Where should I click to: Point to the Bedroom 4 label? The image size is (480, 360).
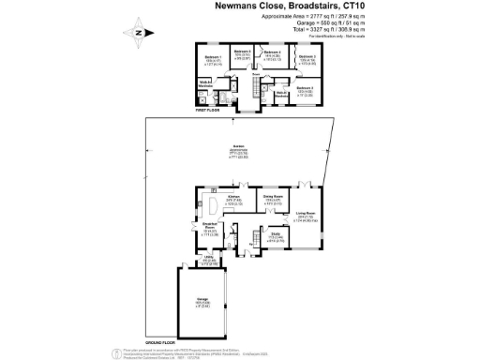point(273,52)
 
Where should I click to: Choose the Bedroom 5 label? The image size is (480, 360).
point(243,51)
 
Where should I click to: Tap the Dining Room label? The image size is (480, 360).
point(273,197)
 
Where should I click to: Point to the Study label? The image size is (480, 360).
point(276,235)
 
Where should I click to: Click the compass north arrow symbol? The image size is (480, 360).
point(139,32)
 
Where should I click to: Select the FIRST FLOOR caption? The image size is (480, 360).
point(207,111)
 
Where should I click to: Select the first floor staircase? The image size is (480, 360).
point(251,88)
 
